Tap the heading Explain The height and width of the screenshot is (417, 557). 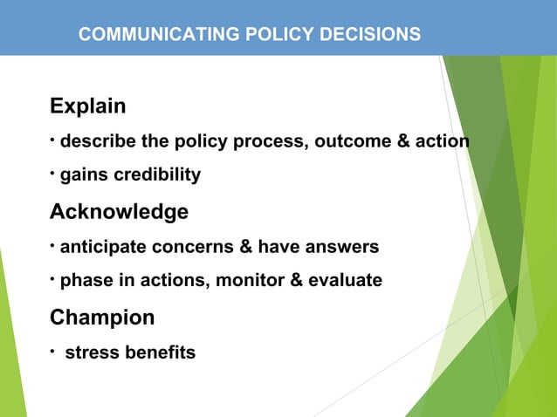coord(87,107)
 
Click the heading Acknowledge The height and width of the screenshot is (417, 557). coord(119,212)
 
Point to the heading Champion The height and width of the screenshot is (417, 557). coord(102,318)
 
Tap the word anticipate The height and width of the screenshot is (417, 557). coord(102,247)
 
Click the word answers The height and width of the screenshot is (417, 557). coord(346,247)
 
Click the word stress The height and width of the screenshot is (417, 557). coord(91,353)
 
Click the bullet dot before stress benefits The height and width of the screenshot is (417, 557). coord(53,351)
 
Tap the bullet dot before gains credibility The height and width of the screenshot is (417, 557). coord(53,172)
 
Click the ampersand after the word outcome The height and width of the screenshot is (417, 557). coord(403,141)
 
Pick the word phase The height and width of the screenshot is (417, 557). coord(84,281)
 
